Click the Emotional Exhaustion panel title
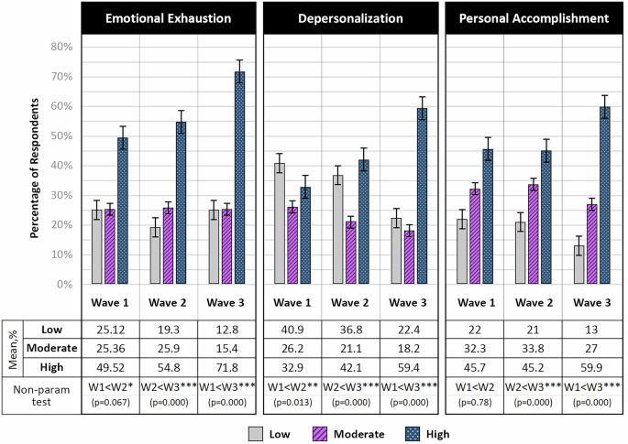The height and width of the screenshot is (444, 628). click(168, 17)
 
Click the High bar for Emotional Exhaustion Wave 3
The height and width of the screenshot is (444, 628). click(239, 179)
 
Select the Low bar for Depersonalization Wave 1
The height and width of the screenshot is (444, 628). click(279, 224)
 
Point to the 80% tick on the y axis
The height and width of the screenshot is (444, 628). click(61, 47)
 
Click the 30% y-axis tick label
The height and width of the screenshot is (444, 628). click(61, 195)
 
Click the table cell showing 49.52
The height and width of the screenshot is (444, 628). click(109, 367)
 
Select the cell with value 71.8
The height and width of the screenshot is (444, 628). click(226, 367)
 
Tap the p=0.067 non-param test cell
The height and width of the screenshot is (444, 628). click(109, 395)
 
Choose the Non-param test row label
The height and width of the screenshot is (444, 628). click(40, 394)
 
